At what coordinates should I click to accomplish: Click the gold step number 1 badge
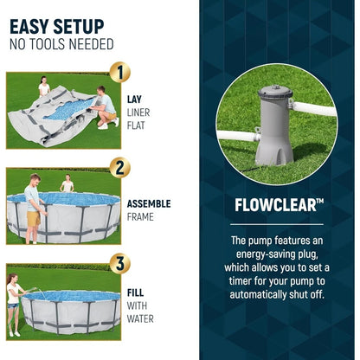120,72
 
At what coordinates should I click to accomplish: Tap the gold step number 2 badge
120,168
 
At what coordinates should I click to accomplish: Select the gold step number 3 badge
120,263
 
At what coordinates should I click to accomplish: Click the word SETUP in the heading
79,27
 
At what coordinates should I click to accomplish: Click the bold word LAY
134,100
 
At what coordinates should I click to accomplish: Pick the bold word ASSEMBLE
149,203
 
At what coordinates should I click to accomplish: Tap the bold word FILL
135,292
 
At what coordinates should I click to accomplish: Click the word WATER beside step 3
140,318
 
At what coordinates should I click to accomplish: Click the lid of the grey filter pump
275,92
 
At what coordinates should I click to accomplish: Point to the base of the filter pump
274,154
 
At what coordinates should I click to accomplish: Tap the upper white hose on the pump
313,109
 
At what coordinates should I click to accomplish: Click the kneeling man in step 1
106,107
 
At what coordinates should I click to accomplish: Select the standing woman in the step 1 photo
44,87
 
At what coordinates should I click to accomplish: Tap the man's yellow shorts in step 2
34,219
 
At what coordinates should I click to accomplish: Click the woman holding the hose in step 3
14,305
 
